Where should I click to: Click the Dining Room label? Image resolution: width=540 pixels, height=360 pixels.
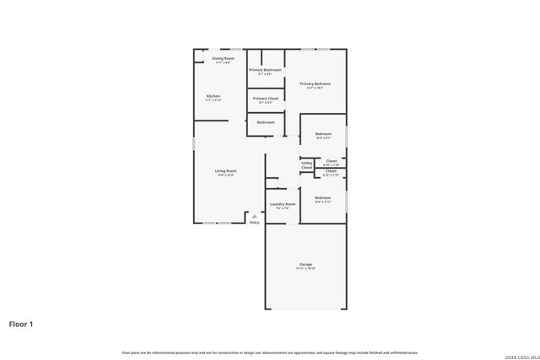coord(223,58)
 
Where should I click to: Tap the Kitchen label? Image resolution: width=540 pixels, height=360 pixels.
coord(213,96)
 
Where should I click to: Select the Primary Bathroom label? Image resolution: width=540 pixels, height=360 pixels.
coord(266,70)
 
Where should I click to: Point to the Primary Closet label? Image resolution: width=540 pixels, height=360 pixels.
coord(266,99)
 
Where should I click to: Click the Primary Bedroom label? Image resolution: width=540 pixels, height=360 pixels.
coord(315,83)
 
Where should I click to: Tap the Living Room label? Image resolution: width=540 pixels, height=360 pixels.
coord(225,171)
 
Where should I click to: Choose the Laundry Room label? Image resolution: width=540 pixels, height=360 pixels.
coord(283,204)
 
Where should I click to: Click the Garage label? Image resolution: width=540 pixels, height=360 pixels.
coord(305,264)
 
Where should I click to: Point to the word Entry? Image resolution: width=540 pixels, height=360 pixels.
coord(254,223)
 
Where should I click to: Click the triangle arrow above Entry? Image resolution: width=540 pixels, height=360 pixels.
coord(254,216)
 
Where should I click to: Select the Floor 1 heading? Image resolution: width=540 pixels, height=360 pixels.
coord(21,323)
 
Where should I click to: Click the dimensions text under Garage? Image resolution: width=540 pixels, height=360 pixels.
coord(305,268)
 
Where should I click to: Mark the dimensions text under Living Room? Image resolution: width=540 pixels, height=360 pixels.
coord(225,175)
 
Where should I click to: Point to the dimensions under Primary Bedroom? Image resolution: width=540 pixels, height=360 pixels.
coord(315,88)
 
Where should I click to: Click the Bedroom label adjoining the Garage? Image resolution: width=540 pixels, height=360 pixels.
coord(323,197)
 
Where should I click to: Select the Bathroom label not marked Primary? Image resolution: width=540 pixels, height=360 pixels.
coord(266,122)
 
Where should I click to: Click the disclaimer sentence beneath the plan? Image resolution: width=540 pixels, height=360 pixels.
coord(270,352)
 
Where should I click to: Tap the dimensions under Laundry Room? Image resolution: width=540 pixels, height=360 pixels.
coord(283,208)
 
